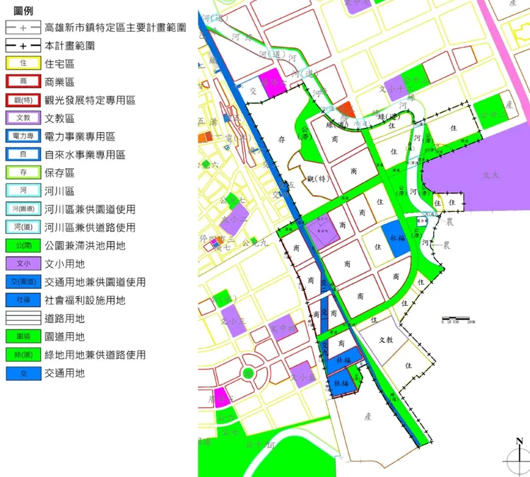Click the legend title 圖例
tap(23, 12)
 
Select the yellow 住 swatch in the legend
tap(23, 64)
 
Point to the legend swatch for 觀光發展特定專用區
tap(23, 100)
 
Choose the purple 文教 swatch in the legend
tap(23, 118)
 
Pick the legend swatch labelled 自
tap(23, 155)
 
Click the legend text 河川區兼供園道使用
tap(89, 209)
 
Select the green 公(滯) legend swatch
tap(23, 246)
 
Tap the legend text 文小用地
tap(64, 264)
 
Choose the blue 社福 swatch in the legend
tap(23, 300)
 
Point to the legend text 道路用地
tap(64, 319)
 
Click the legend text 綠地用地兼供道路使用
tap(95, 355)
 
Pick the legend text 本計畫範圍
tap(69, 45)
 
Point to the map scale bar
tap(459, 319)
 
